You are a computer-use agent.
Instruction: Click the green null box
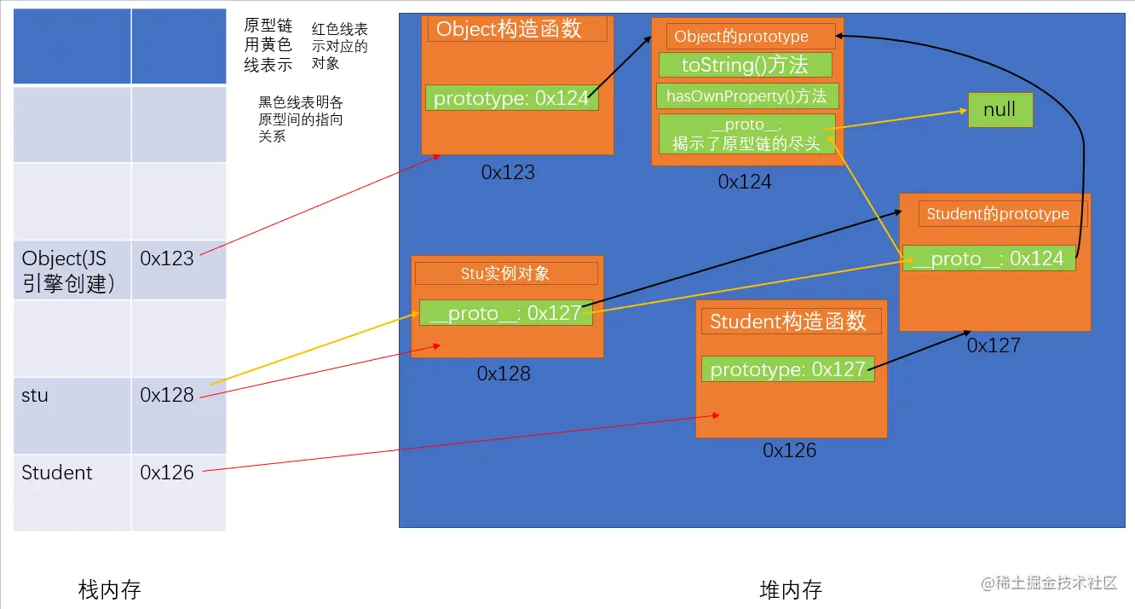click(x=1000, y=110)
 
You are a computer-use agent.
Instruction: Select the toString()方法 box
click(x=745, y=65)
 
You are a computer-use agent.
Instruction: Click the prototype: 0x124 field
click(x=511, y=98)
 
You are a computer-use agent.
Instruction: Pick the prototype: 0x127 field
click(x=788, y=369)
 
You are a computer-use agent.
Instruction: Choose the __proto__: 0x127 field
click(x=505, y=313)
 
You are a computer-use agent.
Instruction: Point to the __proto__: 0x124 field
click(x=988, y=258)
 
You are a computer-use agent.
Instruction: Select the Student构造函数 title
click(x=788, y=321)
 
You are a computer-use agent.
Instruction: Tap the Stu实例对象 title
click(x=506, y=273)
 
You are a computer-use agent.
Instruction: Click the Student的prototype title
click(x=998, y=214)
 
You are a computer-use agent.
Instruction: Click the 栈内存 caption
click(x=109, y=589)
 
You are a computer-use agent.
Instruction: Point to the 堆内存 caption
click(x=790, y=589)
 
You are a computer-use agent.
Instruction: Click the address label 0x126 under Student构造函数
click(x=789, y=450)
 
